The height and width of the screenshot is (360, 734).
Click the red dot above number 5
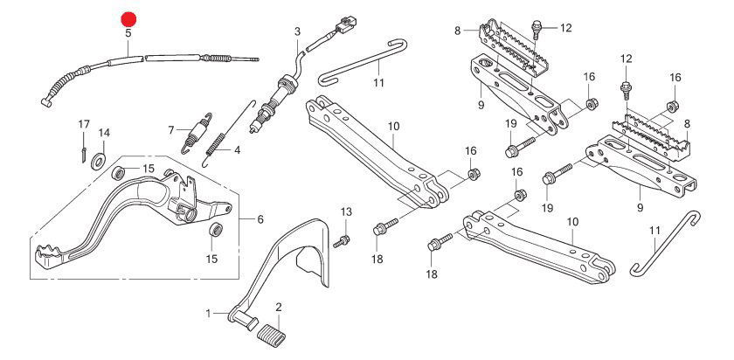click(128, 17)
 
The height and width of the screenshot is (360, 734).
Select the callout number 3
click(297, 32)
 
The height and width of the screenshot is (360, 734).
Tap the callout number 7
click(173, 129)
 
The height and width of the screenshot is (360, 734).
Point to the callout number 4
click(235, 149)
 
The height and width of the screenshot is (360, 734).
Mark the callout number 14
click(104, 133)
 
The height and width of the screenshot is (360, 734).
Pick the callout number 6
click(260, 219)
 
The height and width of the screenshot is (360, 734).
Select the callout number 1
click(209, 313)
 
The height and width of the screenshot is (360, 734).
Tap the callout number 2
click(278, 307)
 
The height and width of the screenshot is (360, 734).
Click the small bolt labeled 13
click(343, 239)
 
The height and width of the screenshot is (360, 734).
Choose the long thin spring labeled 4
click(222, 131)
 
